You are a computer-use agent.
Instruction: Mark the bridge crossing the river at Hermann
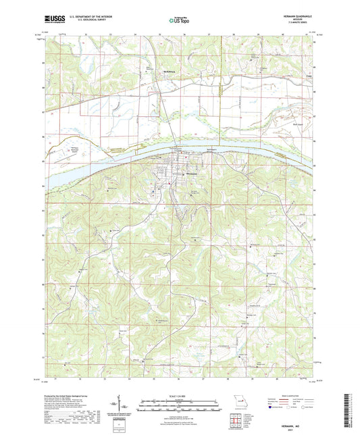click(x=177, y=153)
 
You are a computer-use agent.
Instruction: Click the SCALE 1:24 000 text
click(x=179, y=394)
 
